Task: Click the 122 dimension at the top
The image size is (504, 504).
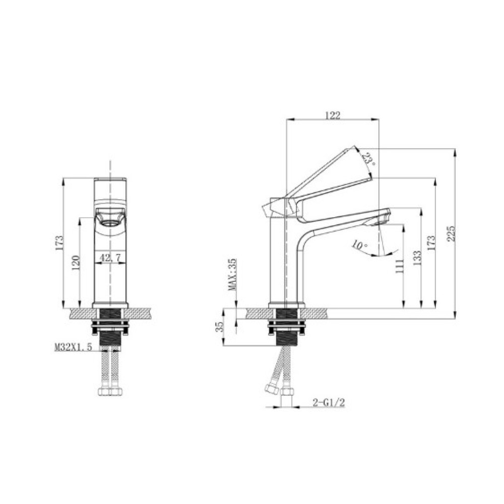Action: click(x=332, y=115)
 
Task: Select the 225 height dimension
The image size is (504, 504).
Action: click(x=451, y=233)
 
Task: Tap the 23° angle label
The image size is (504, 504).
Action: click(x=369, y=159)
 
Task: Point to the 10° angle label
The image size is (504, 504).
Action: click(x=359, y=245)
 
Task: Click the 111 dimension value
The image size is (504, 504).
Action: click(x=399, y=266)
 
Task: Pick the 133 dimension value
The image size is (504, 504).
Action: click(x=417, y=258)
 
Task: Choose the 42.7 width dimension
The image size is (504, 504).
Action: click(x=110, y=258)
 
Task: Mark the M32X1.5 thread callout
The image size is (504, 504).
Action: click(x=73, y=347)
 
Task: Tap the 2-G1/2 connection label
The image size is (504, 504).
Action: click(x=329, y=402)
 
